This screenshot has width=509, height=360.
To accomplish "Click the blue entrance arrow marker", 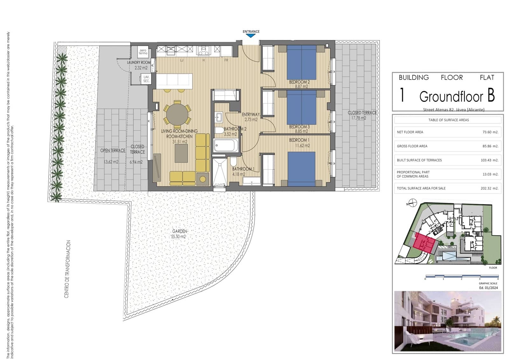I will point(251,36).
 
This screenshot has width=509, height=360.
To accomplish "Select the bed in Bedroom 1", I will point(301,169).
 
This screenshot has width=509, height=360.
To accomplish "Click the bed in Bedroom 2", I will point(302,62).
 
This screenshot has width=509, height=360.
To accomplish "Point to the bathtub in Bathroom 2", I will point(226,146).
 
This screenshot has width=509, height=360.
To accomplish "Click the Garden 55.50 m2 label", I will point(179,234).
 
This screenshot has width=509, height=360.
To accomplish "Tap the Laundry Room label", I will point(138,63).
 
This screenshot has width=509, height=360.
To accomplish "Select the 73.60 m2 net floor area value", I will point(490,132).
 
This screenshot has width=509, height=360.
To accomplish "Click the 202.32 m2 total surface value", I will point(489,188).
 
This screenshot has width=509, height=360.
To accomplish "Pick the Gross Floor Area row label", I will point(412,146).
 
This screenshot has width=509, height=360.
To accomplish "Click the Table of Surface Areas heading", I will point(449,120).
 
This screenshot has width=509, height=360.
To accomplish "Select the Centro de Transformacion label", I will point(67,269).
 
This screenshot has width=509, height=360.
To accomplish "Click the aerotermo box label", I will point(143,52).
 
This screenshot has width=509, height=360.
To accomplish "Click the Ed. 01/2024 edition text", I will point(488,288).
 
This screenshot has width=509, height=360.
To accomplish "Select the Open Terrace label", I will point(113,151).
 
